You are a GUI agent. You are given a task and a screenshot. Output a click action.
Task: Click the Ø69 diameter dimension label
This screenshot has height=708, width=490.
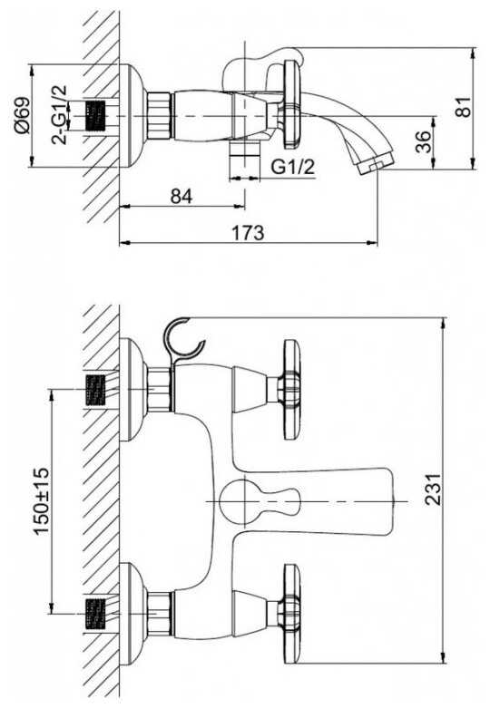pos(22,116)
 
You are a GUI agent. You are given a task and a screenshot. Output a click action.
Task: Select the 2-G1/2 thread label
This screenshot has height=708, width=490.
pos(59,115)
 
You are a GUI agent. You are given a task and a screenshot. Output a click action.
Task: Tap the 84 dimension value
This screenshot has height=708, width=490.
pos(181,196)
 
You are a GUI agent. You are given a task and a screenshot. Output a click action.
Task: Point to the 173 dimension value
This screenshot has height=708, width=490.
pos(248,233)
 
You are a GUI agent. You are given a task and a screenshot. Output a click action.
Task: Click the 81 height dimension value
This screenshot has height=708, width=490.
pos(463,107)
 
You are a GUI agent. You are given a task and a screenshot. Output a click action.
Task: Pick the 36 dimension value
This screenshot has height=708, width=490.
pos(423,141)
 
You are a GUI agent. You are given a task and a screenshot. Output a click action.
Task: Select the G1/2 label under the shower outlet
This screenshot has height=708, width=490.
pos(292,167)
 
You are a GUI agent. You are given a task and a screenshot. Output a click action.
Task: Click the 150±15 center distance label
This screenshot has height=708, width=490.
pos(42,501)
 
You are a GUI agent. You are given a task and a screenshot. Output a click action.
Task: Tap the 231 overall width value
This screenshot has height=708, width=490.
pos(432,490)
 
